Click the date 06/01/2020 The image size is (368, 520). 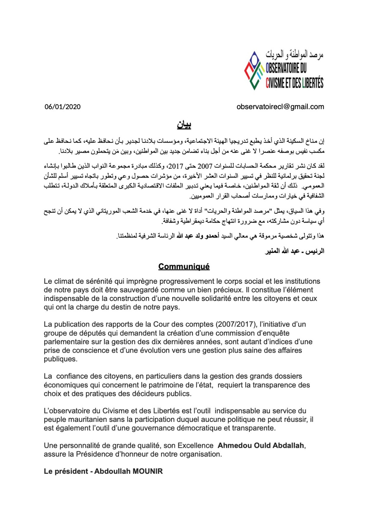(63, 107)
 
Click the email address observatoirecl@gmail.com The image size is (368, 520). (280, 107)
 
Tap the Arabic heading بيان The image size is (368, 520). (184, 124)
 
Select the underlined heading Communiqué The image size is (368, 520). (184, 267)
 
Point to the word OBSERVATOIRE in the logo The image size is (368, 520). (282, 68)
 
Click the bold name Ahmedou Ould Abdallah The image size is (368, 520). (261, 446)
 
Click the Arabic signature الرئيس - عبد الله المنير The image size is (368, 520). (294, 251)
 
